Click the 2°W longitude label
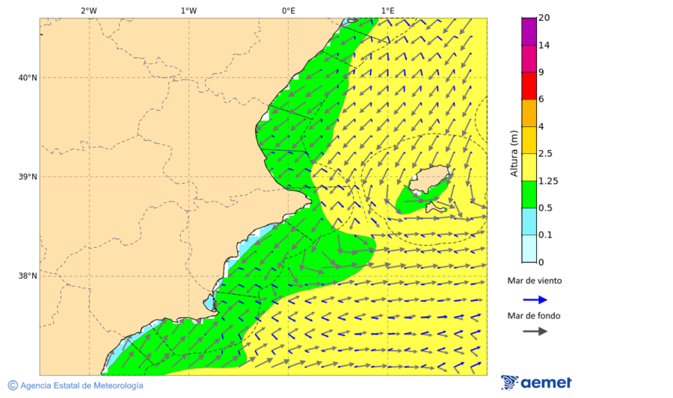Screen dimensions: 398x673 click(88, 10)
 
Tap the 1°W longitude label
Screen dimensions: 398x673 click(188, 10)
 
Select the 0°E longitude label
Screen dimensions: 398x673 click(288, 10)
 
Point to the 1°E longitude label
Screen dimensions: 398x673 click(387, 10)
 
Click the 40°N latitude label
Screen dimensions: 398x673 click(28, 78)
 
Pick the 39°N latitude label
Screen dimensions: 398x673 click(28, 177)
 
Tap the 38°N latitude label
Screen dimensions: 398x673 click(28, 276)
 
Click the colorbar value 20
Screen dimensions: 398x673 click(545, 18)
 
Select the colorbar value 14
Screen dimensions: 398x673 click(545, 46)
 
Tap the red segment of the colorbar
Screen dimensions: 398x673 click(529, 86)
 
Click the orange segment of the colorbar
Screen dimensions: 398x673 click(529, 113)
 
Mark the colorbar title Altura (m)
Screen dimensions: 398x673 click(514, 154)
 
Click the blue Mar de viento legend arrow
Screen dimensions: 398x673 click(535, 299)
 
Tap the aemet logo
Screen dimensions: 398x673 click(536, 382)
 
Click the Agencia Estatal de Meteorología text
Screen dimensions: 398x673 click(82, 385)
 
